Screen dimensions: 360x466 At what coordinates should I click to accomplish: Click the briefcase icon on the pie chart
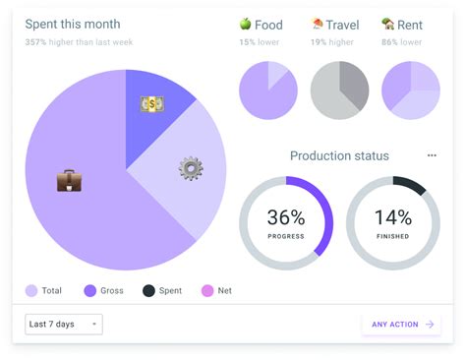[69, 180]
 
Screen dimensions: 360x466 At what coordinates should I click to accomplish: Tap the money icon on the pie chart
[151, 103]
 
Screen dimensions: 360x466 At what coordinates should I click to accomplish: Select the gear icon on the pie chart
[191, 168]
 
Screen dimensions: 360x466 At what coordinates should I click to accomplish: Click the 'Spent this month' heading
[74, 25]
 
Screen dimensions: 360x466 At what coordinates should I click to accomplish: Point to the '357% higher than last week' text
[79, 42]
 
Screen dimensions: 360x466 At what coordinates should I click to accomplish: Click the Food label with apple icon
[261, 25]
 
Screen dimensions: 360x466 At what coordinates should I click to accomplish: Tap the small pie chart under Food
[267, 90]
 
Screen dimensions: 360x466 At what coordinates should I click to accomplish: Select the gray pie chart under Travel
[339, 90]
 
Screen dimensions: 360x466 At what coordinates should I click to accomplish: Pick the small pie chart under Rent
[410, 90]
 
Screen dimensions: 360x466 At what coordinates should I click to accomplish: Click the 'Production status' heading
[339, 155]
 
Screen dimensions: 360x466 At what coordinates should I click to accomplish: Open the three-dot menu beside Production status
[432, 155]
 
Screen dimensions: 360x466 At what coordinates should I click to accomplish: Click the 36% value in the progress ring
[286, 218]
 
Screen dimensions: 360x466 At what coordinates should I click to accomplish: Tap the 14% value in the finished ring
[393, 218]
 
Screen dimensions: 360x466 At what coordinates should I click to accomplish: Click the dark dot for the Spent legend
[148, 290]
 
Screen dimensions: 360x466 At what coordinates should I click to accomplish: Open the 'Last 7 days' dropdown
[64, 324]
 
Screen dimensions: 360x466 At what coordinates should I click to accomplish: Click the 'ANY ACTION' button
[401, 324]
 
